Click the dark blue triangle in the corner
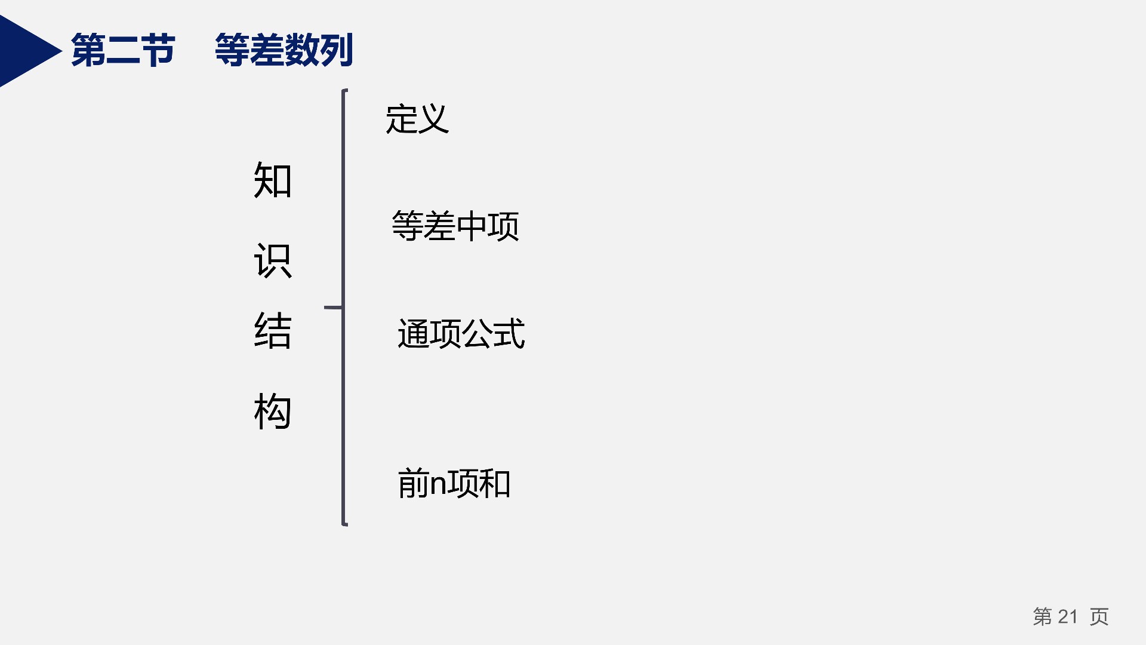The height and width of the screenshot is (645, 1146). tap(24, 51)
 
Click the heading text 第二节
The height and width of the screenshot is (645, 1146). tap(123, 50)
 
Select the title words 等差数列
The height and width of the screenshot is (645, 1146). tap(284, 50)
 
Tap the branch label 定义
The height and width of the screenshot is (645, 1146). tap(417, 119)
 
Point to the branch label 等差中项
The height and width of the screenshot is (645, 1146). tap(455, 226)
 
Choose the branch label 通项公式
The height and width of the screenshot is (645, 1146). tap(461, 333)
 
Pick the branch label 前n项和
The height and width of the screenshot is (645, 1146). tap(454, 483)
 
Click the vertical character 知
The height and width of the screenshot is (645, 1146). tap(273, 180)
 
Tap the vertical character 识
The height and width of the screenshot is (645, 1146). tap(273, 260)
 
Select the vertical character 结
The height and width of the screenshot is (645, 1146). tap(273, 331)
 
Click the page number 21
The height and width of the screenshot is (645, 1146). tap(1068, 616)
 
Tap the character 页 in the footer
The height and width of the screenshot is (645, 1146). tap(1099, 616)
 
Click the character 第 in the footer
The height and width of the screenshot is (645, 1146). tap(1043, 616)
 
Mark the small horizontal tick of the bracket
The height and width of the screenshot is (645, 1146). tap(333, 308)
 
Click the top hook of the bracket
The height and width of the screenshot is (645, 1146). tap(345, 91)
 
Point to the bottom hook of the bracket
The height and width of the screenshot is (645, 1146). tap(345, 524)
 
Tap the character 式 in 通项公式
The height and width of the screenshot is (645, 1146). tap(509, 333)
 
